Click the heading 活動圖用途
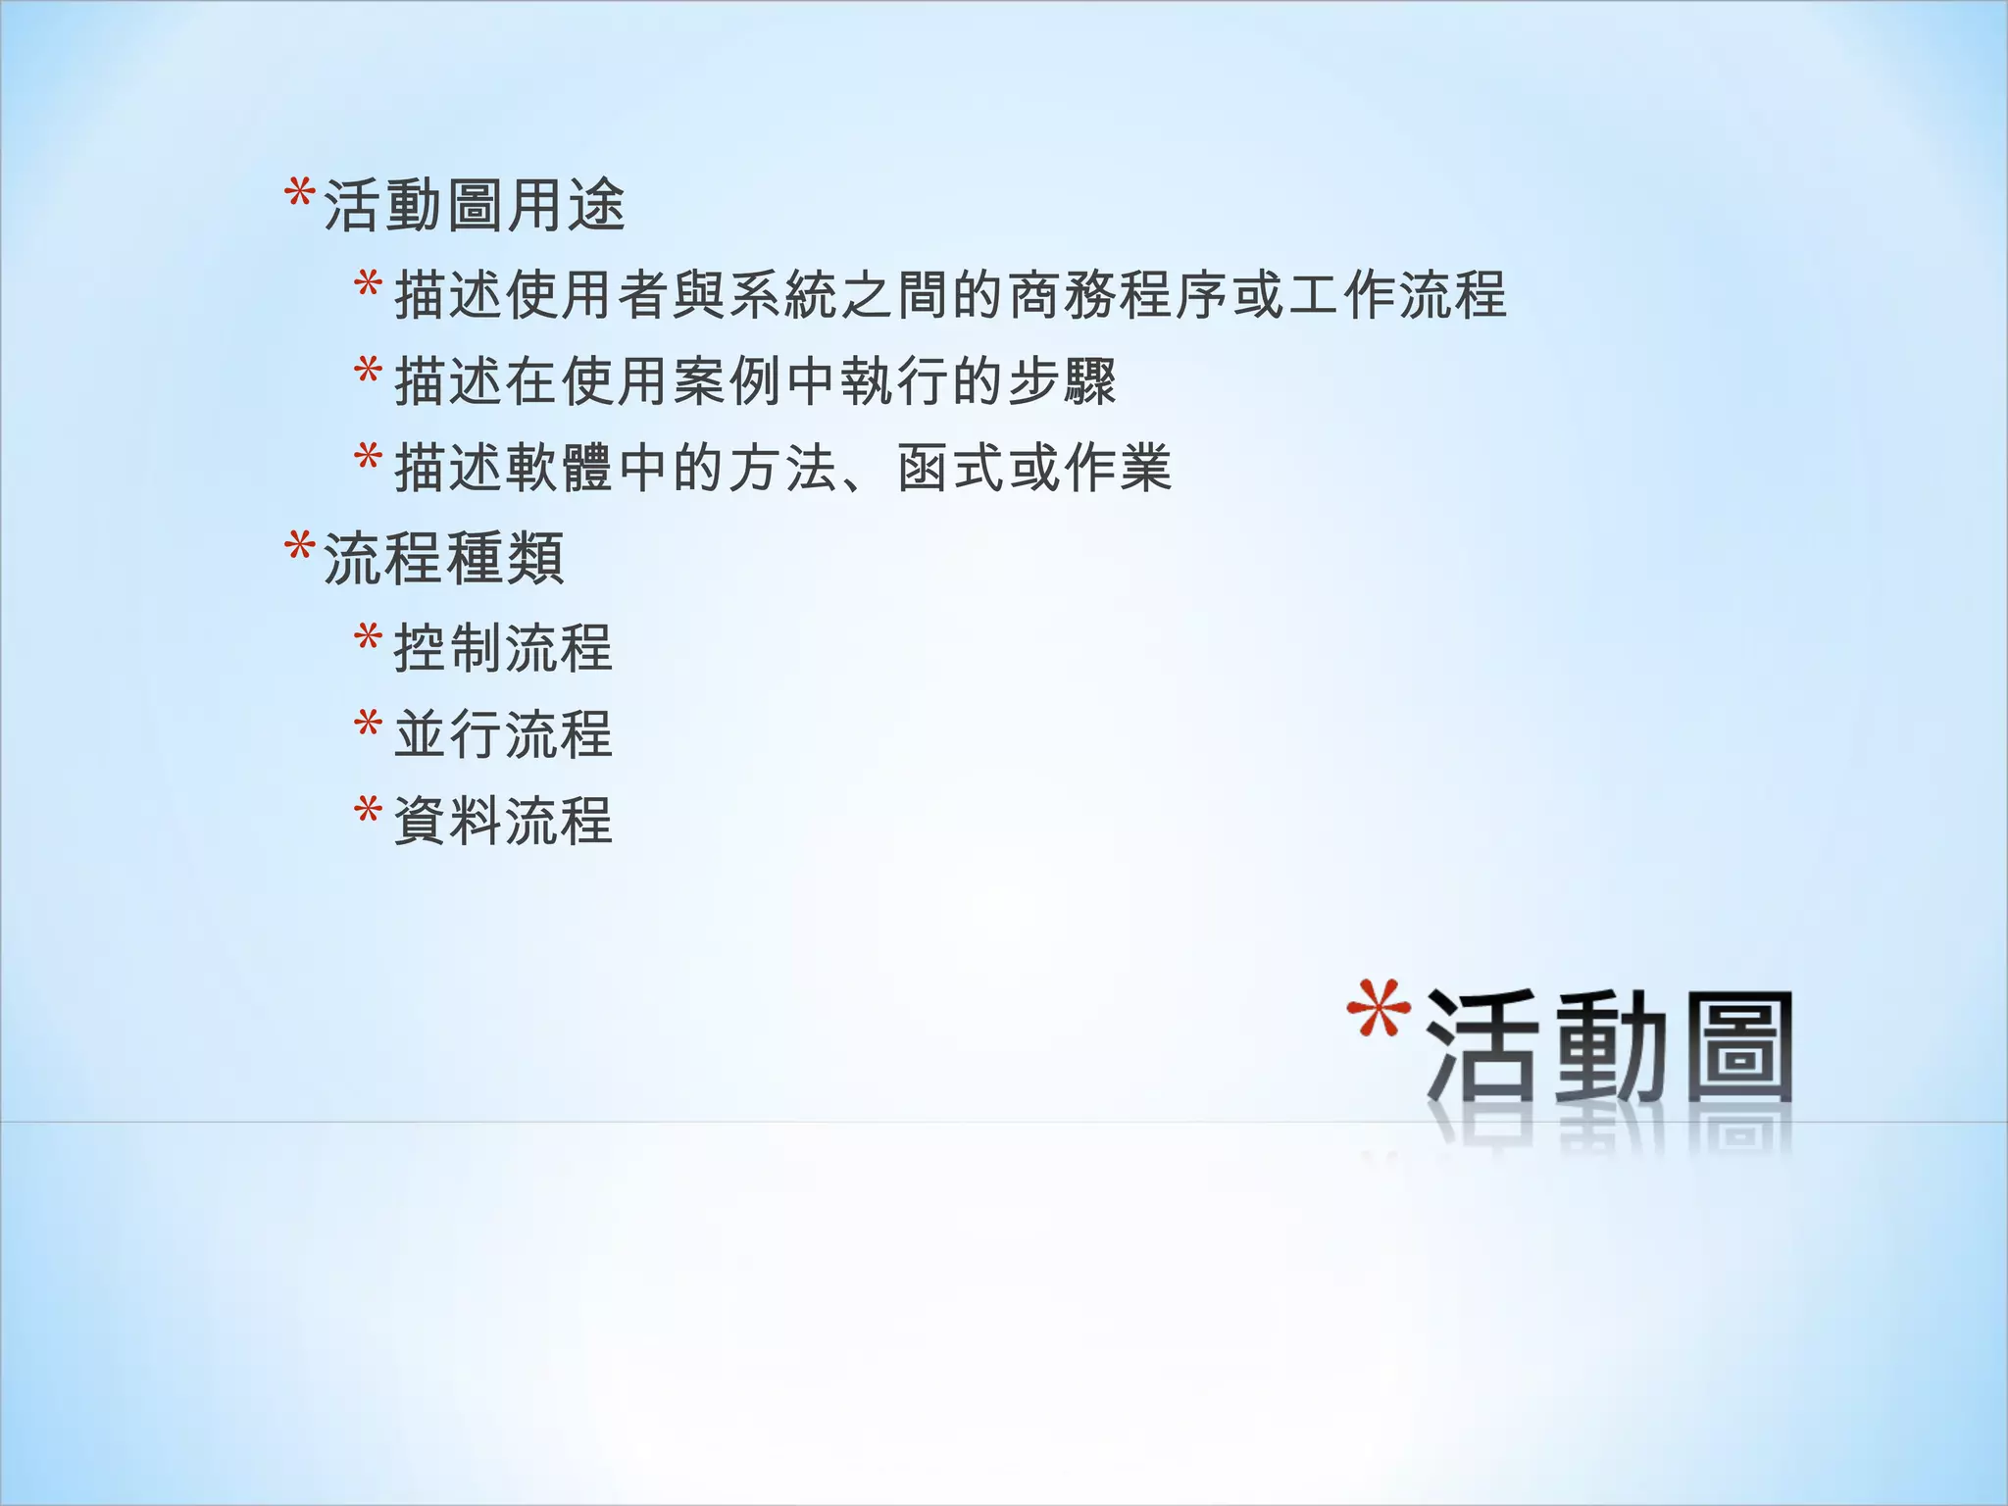point(474,206)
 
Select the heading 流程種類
point(443,558)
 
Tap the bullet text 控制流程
point(503,648)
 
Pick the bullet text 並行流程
point(503,734)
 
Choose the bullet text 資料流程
point(503,821)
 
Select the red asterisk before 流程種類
point(299,546)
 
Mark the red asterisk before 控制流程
point(368,638)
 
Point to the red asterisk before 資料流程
point(368,811)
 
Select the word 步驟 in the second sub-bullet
point(1062,381)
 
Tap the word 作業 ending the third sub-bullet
point(1118,468)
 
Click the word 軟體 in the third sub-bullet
point(560,468)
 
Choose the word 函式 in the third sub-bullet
point(950,468)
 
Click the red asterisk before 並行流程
point(368,725)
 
